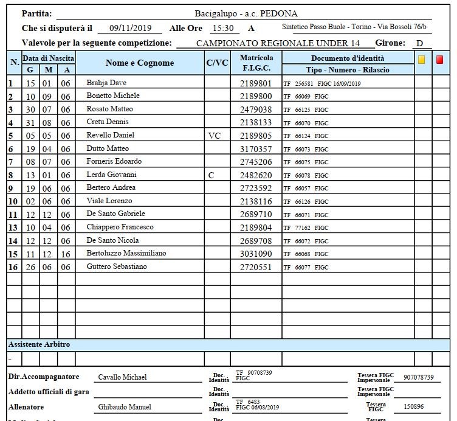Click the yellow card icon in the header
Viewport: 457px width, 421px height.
pos(422,60)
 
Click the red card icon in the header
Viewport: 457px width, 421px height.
pos(440,60)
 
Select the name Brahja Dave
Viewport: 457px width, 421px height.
pos(106,83)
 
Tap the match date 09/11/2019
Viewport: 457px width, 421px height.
pos(129,28)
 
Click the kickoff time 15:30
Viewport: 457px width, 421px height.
pos(222,28)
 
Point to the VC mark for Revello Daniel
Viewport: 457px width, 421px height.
pos(215,135)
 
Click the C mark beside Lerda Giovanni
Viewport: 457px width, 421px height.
pos(211,175)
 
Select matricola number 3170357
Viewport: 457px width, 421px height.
pos(256,148)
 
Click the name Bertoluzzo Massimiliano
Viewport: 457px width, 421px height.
pos(126,253)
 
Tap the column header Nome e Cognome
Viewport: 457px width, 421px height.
pos(139,63)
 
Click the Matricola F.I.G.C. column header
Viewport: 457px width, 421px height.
pos(256,63)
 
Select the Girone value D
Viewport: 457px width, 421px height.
pos(419,44)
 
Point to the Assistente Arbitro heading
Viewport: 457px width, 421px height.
pos(39,344)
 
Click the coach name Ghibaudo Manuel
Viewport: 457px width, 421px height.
pos(125,406)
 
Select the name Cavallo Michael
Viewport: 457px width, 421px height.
pos(122,377)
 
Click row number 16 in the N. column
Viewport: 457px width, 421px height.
pos(11,266)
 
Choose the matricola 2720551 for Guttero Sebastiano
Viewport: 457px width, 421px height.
pos(256,266)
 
